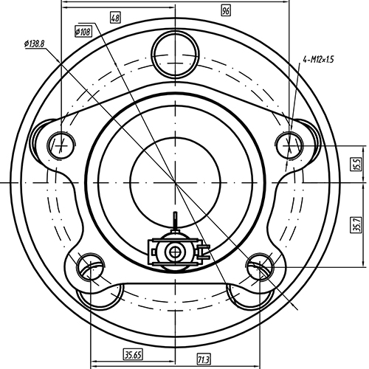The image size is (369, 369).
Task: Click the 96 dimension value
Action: pos(226,10)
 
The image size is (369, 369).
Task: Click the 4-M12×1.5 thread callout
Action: pos(317,59)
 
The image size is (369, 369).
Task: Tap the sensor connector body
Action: pos(176,251)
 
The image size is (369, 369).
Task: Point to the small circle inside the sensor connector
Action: pos(175,252)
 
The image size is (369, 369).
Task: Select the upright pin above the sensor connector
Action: pos(175,223)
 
